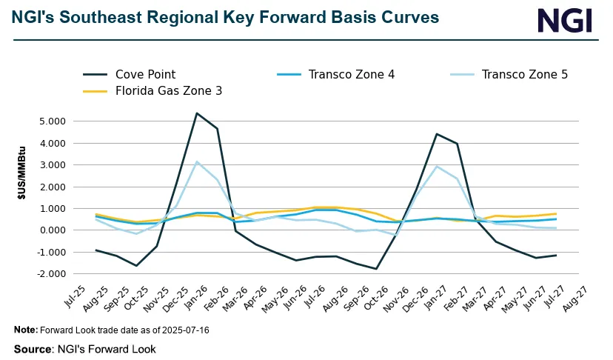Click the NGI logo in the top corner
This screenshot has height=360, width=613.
pyautogui.click(x=564, y=20)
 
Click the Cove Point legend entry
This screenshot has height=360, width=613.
pyautogui.click(x=145, y=74)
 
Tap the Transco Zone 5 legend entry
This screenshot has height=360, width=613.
pyautogui.click(x=524, y=74)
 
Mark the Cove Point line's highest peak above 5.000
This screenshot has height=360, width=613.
pyautogui.click(x=196, y=113)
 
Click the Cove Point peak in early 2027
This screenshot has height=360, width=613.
pyautogui.click(x=437, y=134)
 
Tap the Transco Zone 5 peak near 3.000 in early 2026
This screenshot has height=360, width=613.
pyautogui.click(x=196, y=161)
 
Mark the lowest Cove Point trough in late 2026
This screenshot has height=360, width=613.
pyautogui.click(x=377, y=269)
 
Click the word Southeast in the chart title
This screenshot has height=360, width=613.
pyautogui.click(x=90, y=16)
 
